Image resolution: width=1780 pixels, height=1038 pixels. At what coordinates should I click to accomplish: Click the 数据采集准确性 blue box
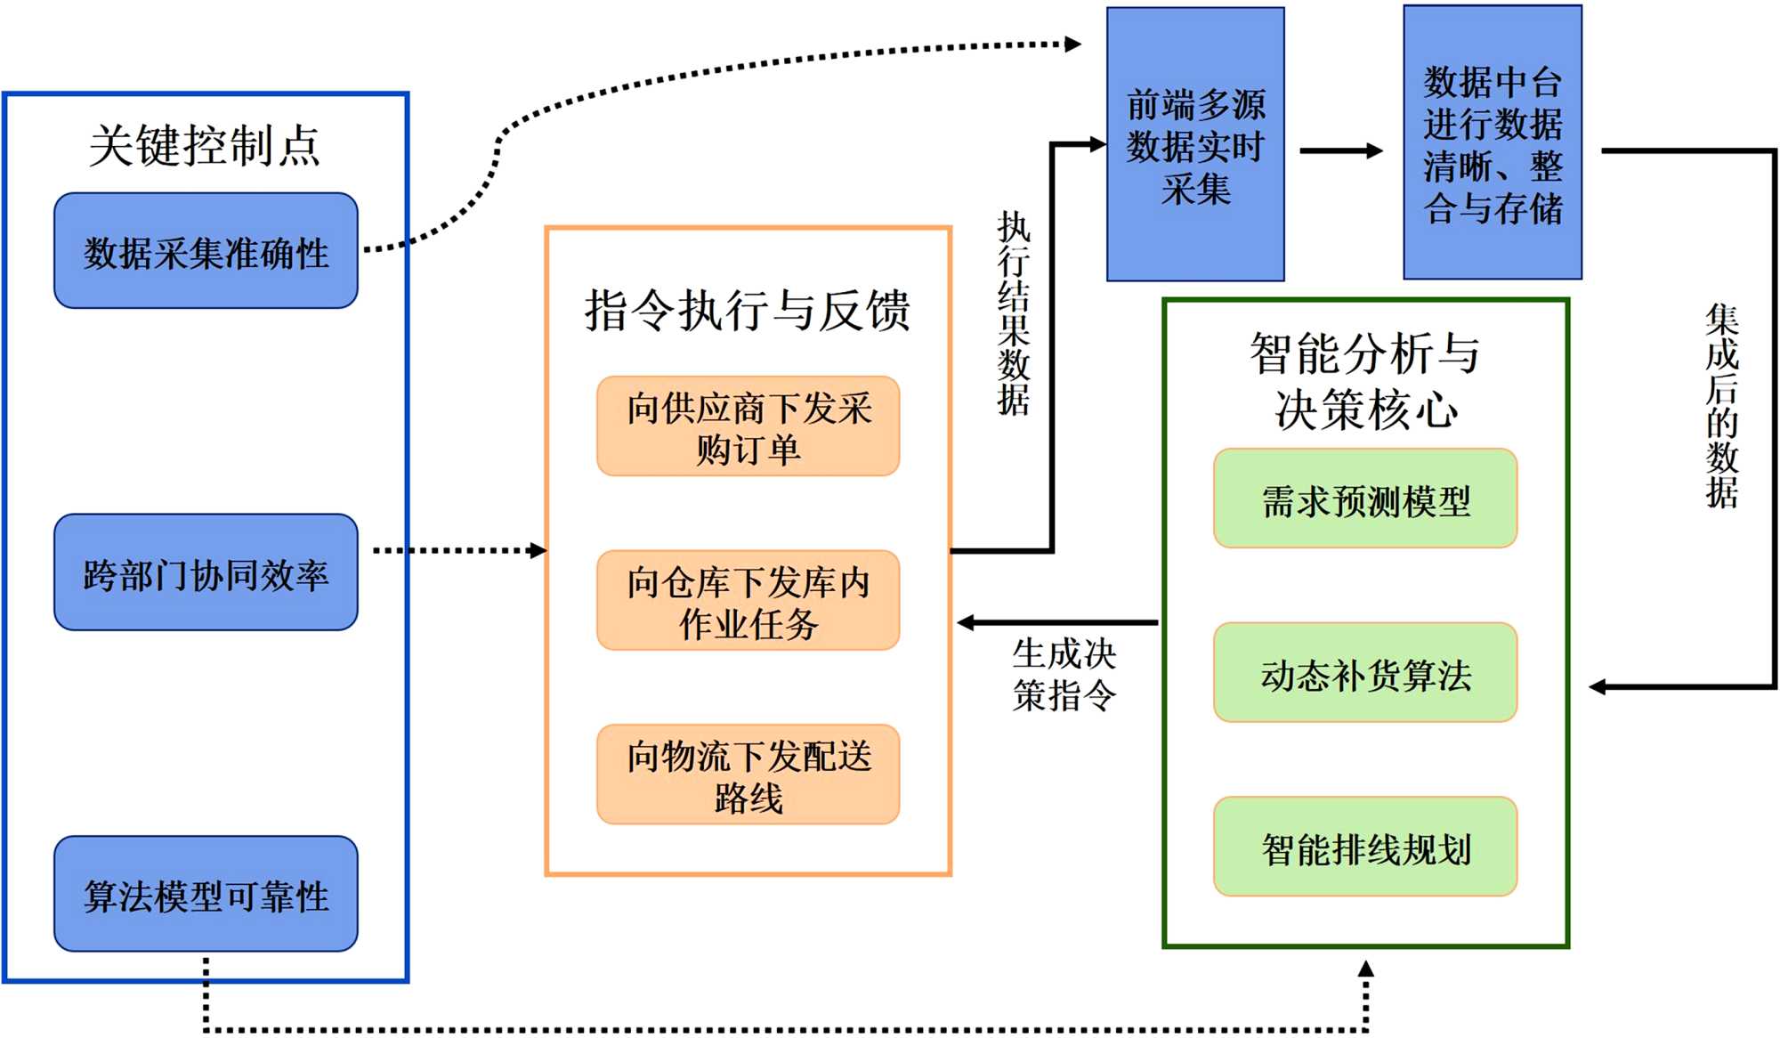[x=206, y=251]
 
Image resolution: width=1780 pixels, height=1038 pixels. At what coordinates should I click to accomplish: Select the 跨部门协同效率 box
[x=206, y=572]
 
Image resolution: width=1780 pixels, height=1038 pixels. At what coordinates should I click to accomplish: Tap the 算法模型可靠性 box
[x=206, y=894]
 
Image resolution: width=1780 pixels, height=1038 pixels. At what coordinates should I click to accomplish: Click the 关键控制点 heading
[x=205, y=145]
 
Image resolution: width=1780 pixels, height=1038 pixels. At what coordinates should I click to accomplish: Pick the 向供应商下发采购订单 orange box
[x=748, y=427]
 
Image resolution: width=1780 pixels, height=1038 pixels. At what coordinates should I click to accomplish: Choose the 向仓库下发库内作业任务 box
[x=748, y=601]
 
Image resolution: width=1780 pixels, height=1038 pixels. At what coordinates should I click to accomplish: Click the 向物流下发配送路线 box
[x=748, y=774]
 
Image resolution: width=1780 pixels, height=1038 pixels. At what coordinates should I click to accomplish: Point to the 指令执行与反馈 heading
[x=748, y=310]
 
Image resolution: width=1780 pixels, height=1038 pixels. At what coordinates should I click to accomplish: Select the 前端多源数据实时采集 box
[x=1195, y=145]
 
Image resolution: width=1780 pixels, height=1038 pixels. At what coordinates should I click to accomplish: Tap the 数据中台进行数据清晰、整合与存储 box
[x=1493, y=142]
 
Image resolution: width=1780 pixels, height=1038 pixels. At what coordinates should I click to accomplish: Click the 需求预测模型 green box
[x=1365, y=499]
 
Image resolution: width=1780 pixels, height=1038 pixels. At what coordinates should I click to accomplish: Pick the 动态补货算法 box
[x=1365, y=673]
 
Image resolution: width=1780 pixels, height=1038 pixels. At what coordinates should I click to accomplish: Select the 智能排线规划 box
[x=1365, y=847]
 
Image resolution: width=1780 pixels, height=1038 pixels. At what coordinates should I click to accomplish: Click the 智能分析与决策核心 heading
[x=1365, y=380]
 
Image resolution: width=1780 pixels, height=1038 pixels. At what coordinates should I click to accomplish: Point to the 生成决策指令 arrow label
[x=1064, y=674]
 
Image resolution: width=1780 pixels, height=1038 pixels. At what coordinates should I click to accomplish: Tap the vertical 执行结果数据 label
[x=1014, y=313]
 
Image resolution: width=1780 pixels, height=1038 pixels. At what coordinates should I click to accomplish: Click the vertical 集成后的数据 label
[x=1722, y=405]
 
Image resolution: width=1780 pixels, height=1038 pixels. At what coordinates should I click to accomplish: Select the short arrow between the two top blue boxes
[x=1340, y=151]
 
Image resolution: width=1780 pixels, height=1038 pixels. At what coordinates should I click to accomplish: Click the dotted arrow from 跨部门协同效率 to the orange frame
[x=458, y=551]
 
